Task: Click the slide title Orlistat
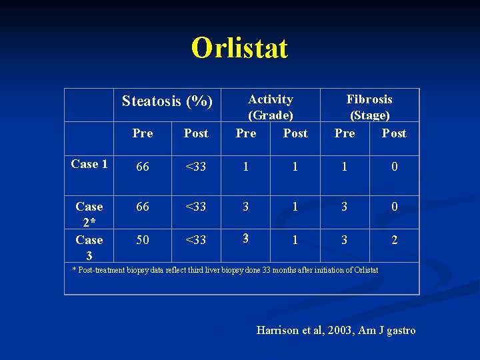239,48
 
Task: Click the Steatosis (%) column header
167,101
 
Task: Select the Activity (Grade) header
271,107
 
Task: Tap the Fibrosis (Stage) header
369,107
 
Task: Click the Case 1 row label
89,164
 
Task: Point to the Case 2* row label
89,214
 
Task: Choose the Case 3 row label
89,247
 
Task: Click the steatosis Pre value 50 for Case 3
143,240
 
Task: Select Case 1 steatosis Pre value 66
143,167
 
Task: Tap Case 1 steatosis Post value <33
196,167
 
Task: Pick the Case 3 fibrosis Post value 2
395,240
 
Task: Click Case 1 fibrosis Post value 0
395,167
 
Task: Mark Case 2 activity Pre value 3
246,207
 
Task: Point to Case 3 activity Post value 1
295,240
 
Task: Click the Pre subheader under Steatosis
143,133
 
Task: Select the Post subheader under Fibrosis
394,133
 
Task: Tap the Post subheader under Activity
295,133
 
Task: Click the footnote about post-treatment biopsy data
225,270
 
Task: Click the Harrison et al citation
336,330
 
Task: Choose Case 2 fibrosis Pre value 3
345,207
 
